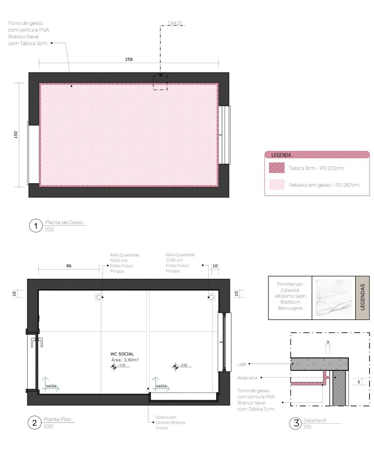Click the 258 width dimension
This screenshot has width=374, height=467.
[129, 59]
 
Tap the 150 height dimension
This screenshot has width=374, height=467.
[16, 135]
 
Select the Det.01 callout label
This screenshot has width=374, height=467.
[175, 23]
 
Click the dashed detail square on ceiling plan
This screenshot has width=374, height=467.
[160, 83]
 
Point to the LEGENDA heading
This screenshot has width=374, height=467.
[281, 155]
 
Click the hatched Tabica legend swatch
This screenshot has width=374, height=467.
[277, 168]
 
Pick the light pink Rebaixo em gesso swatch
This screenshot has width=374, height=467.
[277, 184]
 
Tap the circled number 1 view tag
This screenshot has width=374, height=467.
[36, 226]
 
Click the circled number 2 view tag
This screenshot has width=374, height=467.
[34, 422]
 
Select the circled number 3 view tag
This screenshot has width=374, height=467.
[296, 423]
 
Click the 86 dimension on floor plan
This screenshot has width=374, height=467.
[69, 266]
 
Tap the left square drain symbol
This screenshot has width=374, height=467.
[99, 297]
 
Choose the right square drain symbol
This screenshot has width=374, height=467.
[212, 297]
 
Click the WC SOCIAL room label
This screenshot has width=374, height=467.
[122, 354]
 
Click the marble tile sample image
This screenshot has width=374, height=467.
[333, 298]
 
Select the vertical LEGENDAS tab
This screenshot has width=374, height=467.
[362, 298]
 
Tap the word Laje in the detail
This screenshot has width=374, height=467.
[242, 364]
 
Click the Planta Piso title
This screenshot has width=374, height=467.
[57, 419]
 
